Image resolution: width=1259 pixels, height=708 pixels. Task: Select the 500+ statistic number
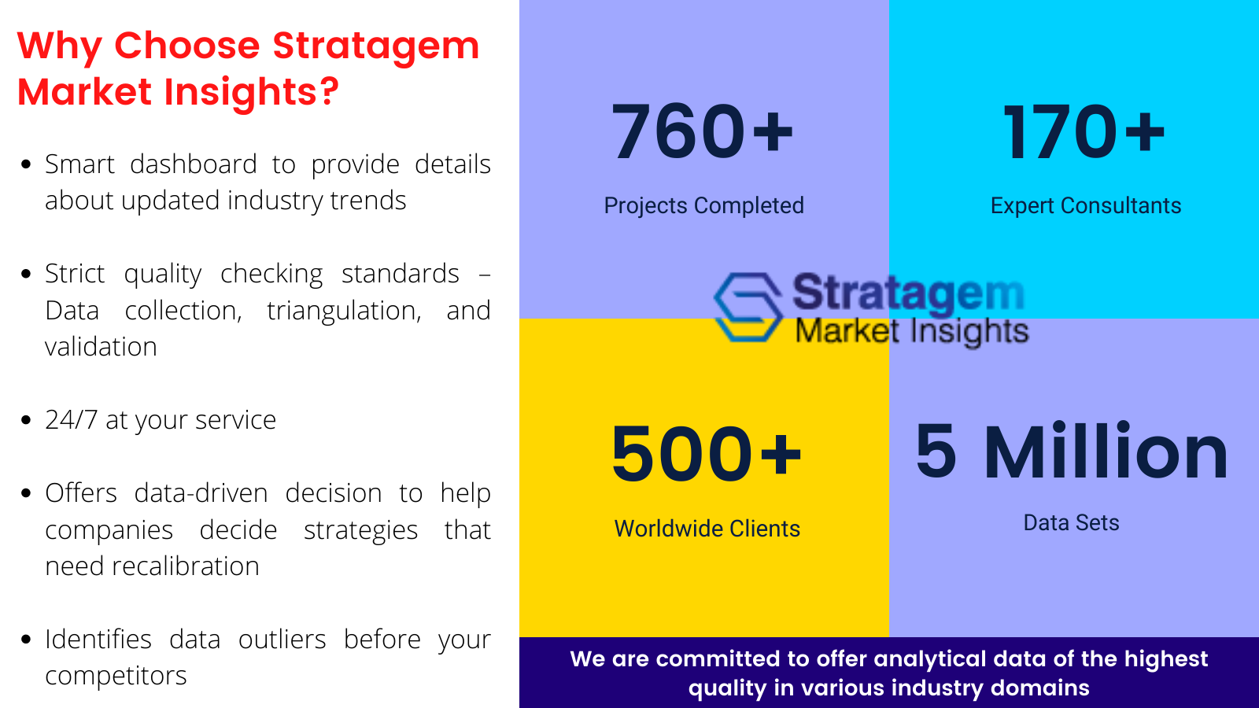coord(707,453)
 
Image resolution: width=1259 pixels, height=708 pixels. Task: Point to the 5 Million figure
coord(1071,451)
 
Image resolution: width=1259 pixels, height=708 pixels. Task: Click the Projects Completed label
coord(703,205)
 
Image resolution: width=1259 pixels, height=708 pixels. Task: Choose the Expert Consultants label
coord(1086,205)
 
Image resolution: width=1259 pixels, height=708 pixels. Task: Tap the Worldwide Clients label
coord(707,529)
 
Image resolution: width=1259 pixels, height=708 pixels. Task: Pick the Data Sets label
coord(1071,522)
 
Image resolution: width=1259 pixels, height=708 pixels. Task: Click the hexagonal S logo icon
coord(748,307)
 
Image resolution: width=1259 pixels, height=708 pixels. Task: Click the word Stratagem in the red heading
coord(375,46)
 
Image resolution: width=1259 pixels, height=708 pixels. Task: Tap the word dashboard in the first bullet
coord(194,164)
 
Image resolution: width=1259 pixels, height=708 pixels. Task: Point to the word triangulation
coord(344,312)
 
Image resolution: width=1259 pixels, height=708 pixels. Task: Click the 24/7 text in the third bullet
coord(72,420)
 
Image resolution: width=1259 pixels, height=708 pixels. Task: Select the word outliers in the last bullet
coord(282,640)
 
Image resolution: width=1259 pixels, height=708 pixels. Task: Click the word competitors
coord(116,676)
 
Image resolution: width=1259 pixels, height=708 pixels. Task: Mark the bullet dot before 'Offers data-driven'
coord(26,494)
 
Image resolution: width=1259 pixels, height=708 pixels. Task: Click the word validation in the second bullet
coord(102,347)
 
